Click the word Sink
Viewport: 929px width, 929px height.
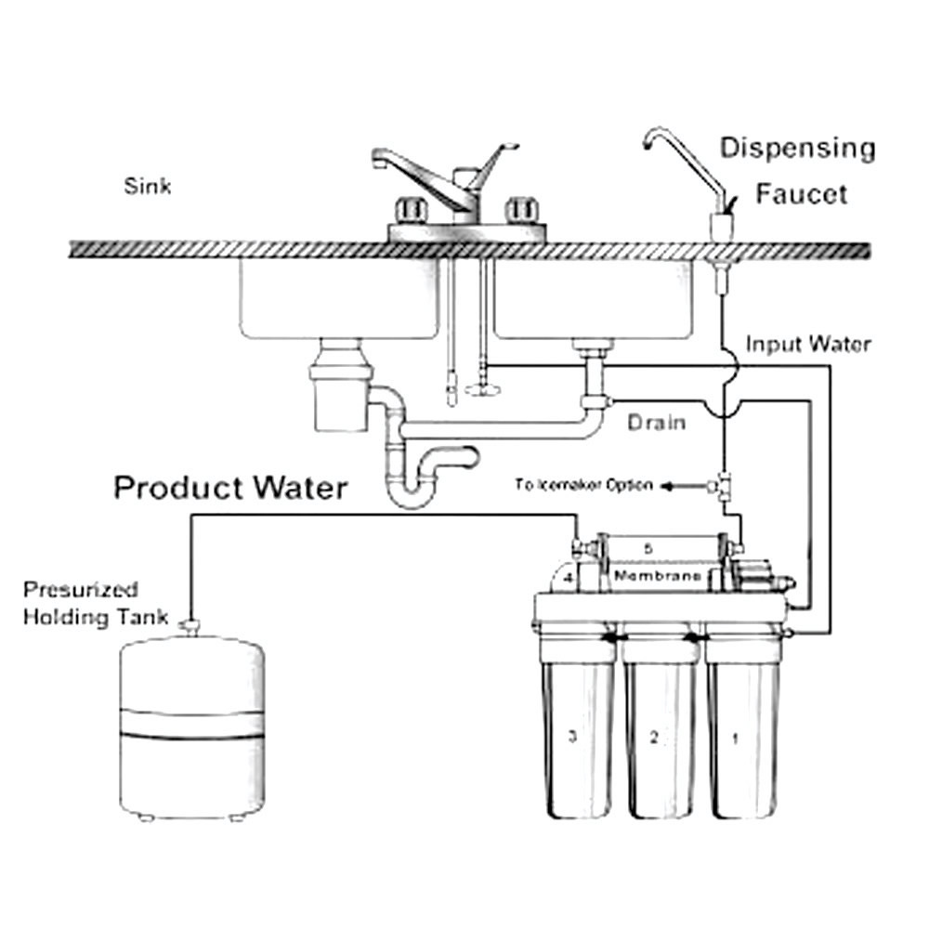[x=148, y=187]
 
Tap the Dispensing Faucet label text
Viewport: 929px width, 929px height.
[x=797, y=171]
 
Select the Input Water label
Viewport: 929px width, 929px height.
[x=808, y=345]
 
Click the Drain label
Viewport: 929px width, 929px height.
[x=656, y=423]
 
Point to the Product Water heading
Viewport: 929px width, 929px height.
[x=231, y=487]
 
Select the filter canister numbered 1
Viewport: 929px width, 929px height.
[x=740, y=734]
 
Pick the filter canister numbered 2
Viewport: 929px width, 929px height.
[x=660, y=734]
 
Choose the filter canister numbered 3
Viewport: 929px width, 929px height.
[x=578, y=734]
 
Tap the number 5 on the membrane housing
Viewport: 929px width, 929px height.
[x=648, y=548]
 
